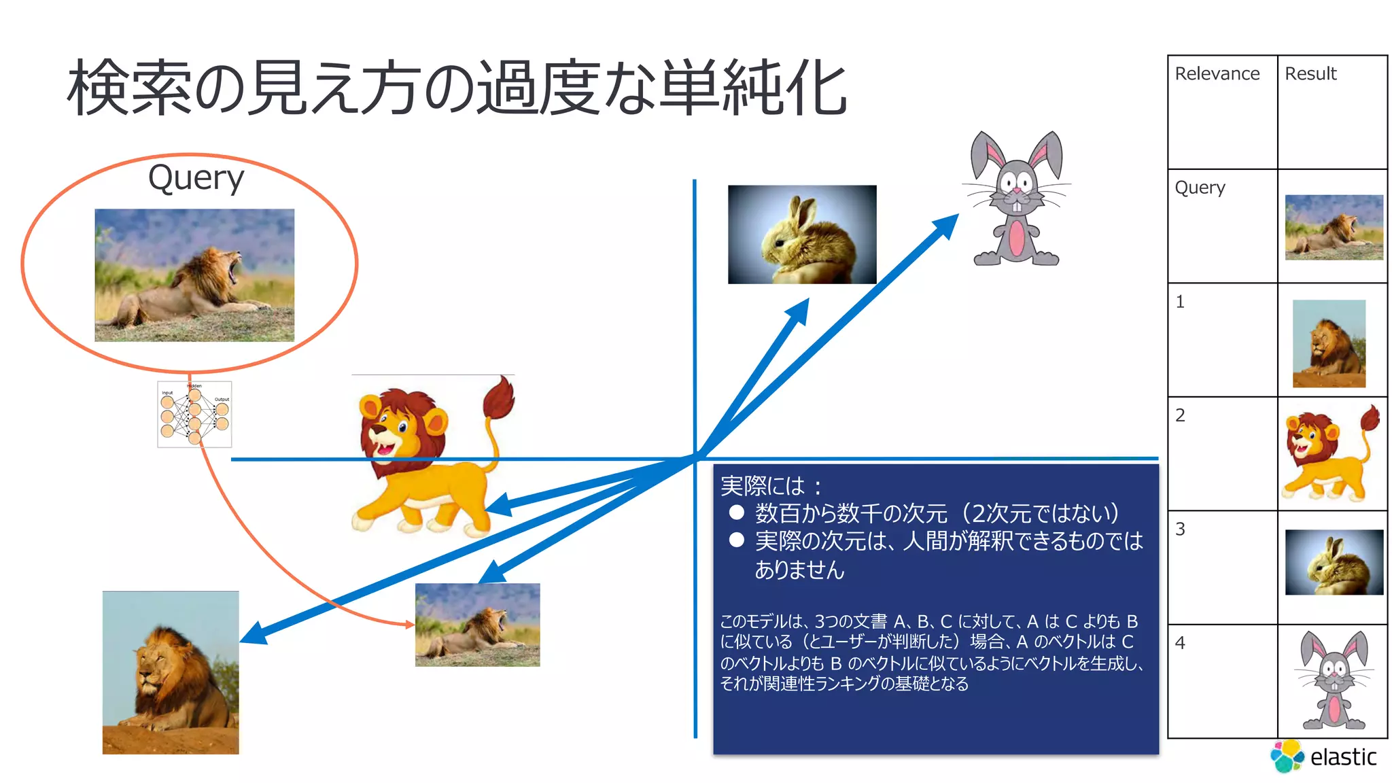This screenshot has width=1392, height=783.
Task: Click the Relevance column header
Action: [1217, 73]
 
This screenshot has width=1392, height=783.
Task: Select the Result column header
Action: [1310, 73]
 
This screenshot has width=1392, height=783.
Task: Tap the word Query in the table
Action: [1200, 187]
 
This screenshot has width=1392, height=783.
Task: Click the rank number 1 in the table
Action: [1181, 301]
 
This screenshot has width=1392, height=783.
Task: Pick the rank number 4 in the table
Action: [1181, 643]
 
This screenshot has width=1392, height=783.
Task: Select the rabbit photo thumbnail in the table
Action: [1334, 562]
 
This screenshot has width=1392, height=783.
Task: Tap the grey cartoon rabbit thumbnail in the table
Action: [1333, 680]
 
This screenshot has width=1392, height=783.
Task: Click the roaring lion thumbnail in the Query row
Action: [1334, 227]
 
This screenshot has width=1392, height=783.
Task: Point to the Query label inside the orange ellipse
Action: [196, 178]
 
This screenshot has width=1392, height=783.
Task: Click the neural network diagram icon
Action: [194, 414]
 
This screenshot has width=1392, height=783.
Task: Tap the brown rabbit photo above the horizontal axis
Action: [802, 234]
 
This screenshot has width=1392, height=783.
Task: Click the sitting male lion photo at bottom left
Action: [171, 672]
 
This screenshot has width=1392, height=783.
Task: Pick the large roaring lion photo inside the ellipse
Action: [194, 275]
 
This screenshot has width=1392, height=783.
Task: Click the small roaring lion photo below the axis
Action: [477, 625]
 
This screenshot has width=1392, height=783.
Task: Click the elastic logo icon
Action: [1287, 756]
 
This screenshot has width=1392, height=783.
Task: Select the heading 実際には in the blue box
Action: [763, 486]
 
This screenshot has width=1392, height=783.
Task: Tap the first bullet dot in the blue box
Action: [736, 512]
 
